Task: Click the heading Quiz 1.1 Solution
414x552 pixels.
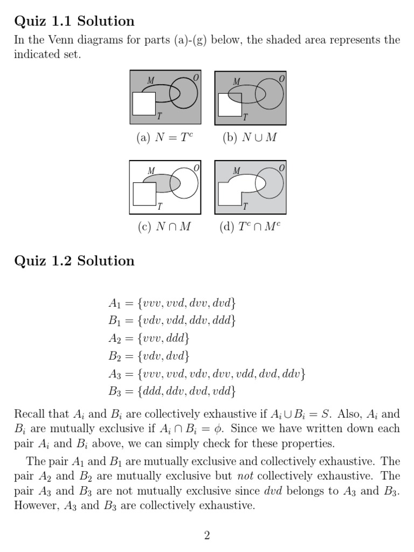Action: pyautogui.click(x=74, y=22)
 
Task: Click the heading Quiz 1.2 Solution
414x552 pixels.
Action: pyautogui.click(x=74, y=261)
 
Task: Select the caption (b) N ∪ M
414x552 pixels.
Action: pyautogui.click(x=250, y=138)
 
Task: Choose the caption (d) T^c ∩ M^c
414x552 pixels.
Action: pyautogui.click(x=250, y=227)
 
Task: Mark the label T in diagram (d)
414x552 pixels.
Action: pyautogui.click(x=245, y=206)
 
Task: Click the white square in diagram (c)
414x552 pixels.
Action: pyautogui.click(x=144, y=194)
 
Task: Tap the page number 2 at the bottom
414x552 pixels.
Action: pyautogui.click(x=207, y=535)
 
